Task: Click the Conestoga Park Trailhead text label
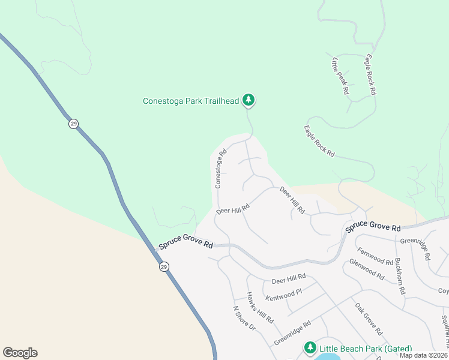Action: (190, 101)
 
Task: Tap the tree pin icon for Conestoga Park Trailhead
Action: (249, 100)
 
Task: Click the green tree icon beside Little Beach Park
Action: (310, 347)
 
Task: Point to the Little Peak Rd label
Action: (340, 77)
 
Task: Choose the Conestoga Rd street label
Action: (221, 169)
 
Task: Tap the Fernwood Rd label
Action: (375, 257)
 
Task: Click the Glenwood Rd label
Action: (366, 270)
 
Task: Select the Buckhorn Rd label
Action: (399, 277)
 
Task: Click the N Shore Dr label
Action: (244, 319)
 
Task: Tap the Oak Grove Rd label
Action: (368, 319)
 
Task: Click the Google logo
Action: (20, 353)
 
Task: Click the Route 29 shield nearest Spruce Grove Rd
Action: (164, 266)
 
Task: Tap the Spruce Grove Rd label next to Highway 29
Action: (186, 245)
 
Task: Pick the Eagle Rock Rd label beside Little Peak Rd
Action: (370, 74)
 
